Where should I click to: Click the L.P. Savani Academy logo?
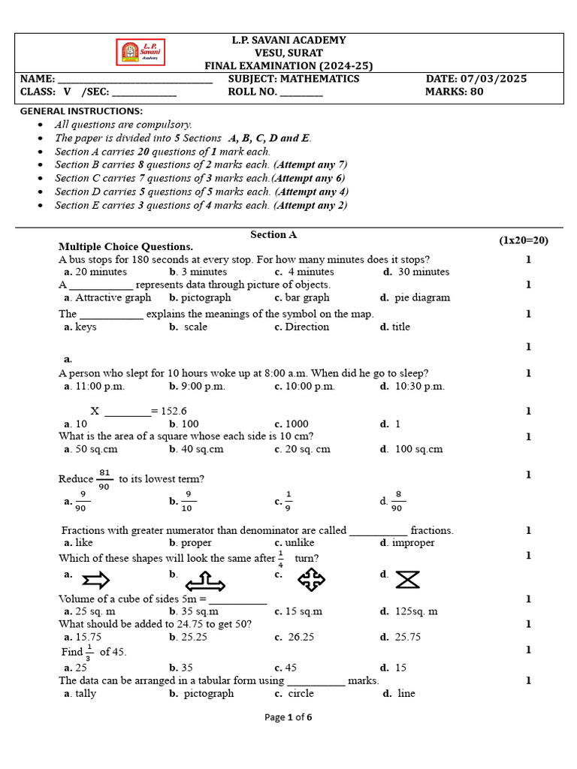click(143, 53)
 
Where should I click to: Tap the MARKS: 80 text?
click(455, 92)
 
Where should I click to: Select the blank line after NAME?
click(134, 80)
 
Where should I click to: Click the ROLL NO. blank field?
click(301, 93)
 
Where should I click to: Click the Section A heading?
click(273, 234)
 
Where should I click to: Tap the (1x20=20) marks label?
click(524, 240)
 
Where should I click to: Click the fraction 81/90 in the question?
click(104, 478)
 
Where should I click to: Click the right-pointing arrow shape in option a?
click(95, 580)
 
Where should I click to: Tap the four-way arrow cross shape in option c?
click(311, 579)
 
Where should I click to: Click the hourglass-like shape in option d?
click(407, 580)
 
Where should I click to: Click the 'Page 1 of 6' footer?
click(288, 717)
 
